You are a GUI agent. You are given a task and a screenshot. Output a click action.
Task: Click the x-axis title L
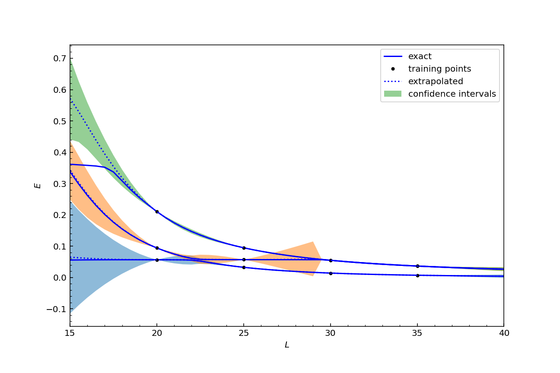click(286, 345)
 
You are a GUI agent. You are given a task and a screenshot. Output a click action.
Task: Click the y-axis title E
click(38, 185)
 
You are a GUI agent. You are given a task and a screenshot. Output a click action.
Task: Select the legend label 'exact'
click(420, 57)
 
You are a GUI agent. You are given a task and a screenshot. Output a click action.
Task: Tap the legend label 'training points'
click(439, 69)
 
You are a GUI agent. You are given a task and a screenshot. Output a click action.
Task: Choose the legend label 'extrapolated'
click(436, 82)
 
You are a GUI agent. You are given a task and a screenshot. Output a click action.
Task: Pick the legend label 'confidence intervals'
click(452, 94)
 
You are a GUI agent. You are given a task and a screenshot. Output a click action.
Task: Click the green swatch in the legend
click(392, 94)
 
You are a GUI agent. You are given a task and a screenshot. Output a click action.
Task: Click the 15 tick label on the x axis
click(70, 333)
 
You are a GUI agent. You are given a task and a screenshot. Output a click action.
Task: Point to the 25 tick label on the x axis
click(244, 333)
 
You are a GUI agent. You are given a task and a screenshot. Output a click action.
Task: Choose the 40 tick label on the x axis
click(504, 333)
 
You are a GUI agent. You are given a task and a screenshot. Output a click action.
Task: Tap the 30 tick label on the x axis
click(331, 333)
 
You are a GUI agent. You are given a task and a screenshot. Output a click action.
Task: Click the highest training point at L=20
click(157, 212)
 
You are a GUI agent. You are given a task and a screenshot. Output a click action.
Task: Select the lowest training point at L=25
click(244, 267)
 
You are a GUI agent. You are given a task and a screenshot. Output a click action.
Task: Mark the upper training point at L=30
click(331, 260)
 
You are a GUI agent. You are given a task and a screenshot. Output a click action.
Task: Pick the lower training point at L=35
click(417, 275)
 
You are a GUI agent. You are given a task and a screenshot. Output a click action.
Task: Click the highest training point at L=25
click(244, 248)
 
